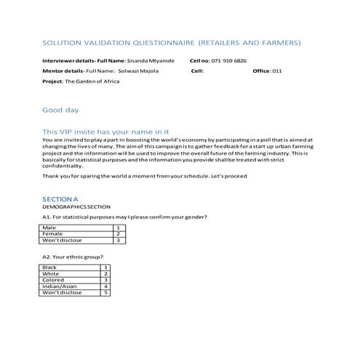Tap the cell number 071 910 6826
pos(228,61)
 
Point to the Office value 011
pos(277,71)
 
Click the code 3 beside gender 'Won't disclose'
pos(118,240)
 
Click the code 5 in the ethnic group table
pos(106,292)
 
